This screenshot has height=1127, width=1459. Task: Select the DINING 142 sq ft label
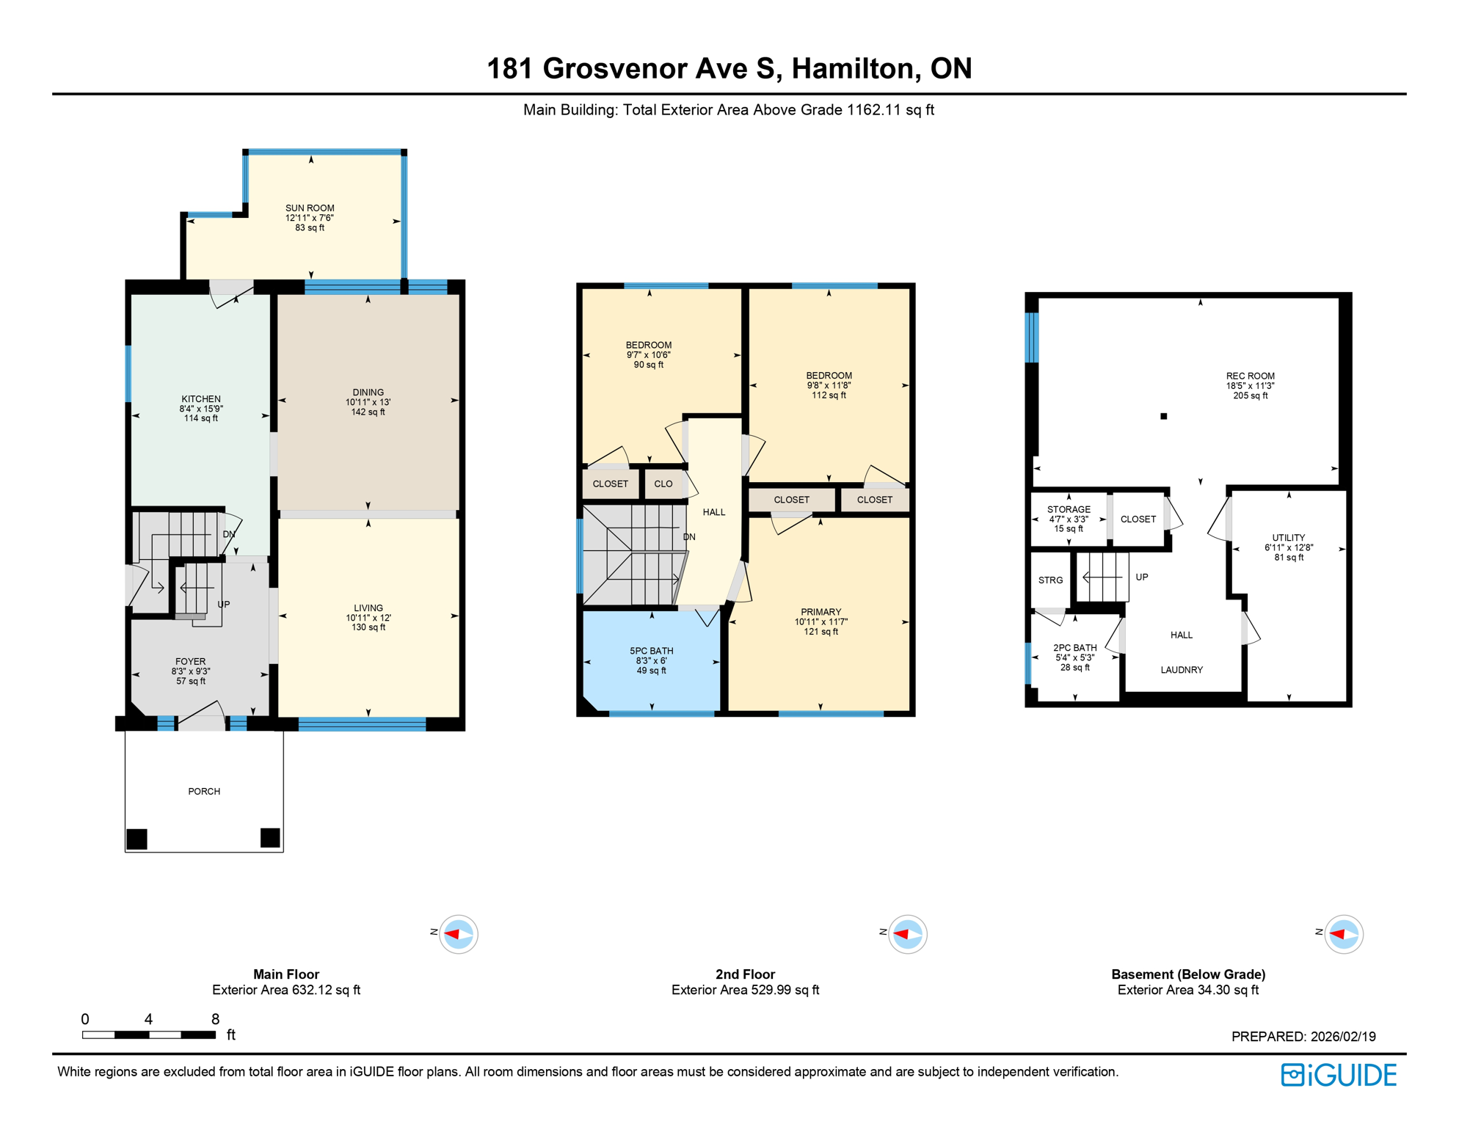coord(368,401)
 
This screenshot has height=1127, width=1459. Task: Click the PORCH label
coord(204,791)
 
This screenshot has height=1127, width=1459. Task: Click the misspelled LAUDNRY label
coord(1182,669)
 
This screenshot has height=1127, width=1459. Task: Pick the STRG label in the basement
coord(1050,580)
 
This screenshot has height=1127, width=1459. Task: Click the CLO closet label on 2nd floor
coord(663,484)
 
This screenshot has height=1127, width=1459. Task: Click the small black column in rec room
coord(1163,416)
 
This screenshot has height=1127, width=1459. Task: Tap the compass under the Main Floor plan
coord(459,934)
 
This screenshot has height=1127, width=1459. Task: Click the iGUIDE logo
coord(1339,1075)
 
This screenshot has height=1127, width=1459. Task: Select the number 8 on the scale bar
coord(215,1018)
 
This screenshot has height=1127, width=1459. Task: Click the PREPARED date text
coord(1303,1036)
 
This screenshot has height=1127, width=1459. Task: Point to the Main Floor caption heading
coord(286,974)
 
